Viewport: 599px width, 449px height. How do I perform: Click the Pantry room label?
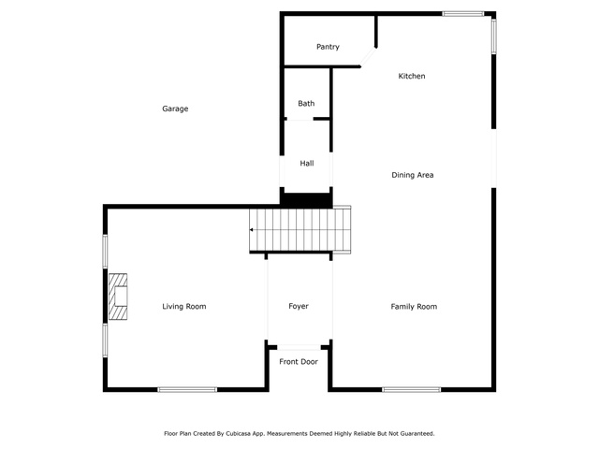point(328,47)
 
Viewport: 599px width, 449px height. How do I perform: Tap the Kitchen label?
point(412,76)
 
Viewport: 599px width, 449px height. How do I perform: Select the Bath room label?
point(306,104)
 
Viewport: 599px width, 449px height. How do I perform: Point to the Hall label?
point(307,164)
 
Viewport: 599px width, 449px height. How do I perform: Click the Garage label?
point(175,109)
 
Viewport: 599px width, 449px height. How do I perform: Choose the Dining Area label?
point(412,175)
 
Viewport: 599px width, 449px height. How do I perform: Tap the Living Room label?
point(184,307)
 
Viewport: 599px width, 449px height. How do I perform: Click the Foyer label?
point(299,306)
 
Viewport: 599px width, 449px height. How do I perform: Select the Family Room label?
point(414,307)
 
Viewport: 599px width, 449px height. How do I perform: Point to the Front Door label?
point(299,362)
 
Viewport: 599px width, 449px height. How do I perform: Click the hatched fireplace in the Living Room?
point(118,297)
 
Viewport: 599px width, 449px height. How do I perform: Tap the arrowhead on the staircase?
point(252,230)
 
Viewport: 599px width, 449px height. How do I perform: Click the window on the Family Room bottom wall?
point(412,389)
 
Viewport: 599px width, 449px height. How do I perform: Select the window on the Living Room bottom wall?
point(187,389)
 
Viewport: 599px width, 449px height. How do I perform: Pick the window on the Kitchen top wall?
point(463,14)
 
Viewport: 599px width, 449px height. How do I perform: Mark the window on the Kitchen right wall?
point(493,36)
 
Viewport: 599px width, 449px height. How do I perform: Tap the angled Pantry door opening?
point(368,57)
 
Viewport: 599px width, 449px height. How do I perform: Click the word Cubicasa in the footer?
point(238,434)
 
